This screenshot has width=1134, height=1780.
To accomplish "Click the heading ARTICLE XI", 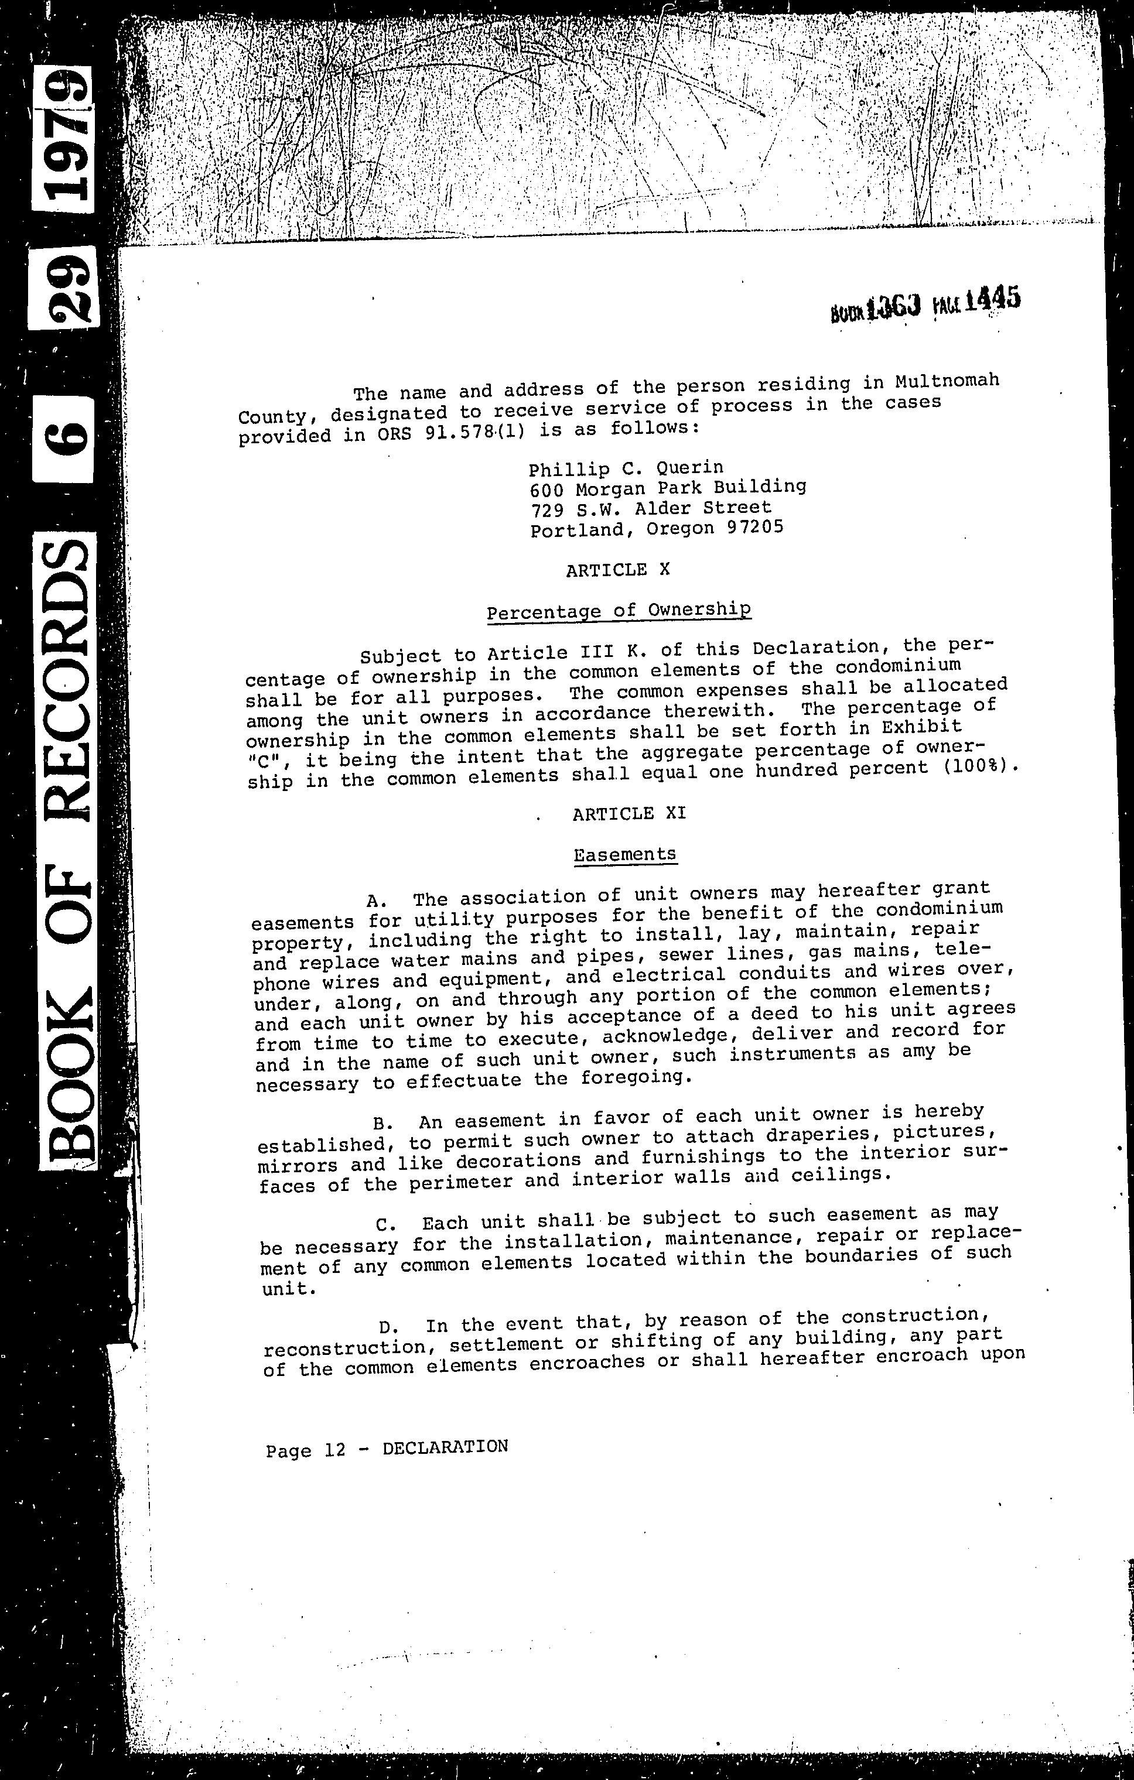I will (x=629, y=813).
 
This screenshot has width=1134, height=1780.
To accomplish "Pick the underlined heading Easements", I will (x=624, y=854).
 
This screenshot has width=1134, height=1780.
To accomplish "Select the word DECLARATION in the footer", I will (x=445, y=1447).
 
